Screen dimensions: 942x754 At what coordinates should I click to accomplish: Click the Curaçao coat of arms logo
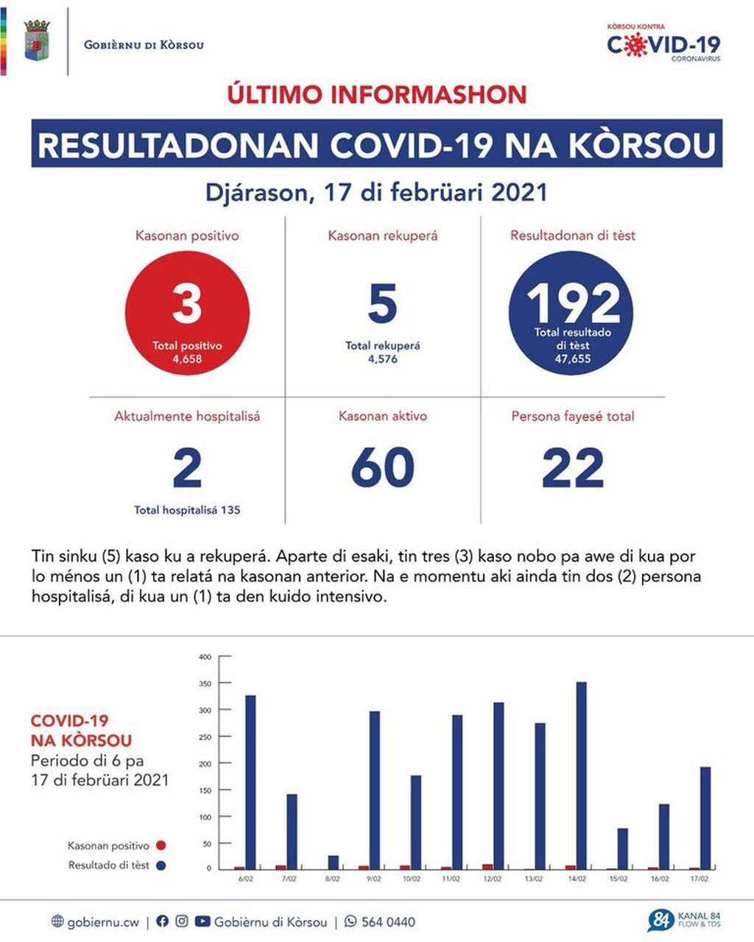click(x=37, y=41)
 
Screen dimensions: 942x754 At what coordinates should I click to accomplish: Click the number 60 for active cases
click(x=383, y=467)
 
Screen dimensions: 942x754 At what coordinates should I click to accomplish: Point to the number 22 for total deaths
click(x=573, y=467)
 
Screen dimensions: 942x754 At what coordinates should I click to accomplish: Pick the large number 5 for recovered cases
click(x=383, y=304)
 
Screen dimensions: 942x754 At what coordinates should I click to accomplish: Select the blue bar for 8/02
click(x=334, y=862)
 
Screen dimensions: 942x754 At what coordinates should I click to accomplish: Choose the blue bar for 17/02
click(x=705, y=818)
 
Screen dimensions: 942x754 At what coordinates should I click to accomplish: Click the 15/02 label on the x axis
click(x=618, y=879)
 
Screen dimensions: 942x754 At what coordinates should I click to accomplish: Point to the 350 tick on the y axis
click(x=205, y=684)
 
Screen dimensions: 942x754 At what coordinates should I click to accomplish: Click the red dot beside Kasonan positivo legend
click(x=161, y=846)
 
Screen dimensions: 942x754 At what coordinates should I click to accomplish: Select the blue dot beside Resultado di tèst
click(x=161, y=865)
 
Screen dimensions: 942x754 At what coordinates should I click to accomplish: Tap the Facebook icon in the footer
click(x=163, y=921)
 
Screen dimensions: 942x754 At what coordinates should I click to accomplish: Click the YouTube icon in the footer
click(x=202, y=921)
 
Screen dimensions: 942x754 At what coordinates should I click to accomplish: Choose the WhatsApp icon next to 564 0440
click(x=350, y=921)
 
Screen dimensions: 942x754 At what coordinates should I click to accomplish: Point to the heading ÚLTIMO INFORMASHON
click(x=377, y=94)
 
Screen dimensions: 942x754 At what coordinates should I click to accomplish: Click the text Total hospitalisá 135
click(x=187, y=509)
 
